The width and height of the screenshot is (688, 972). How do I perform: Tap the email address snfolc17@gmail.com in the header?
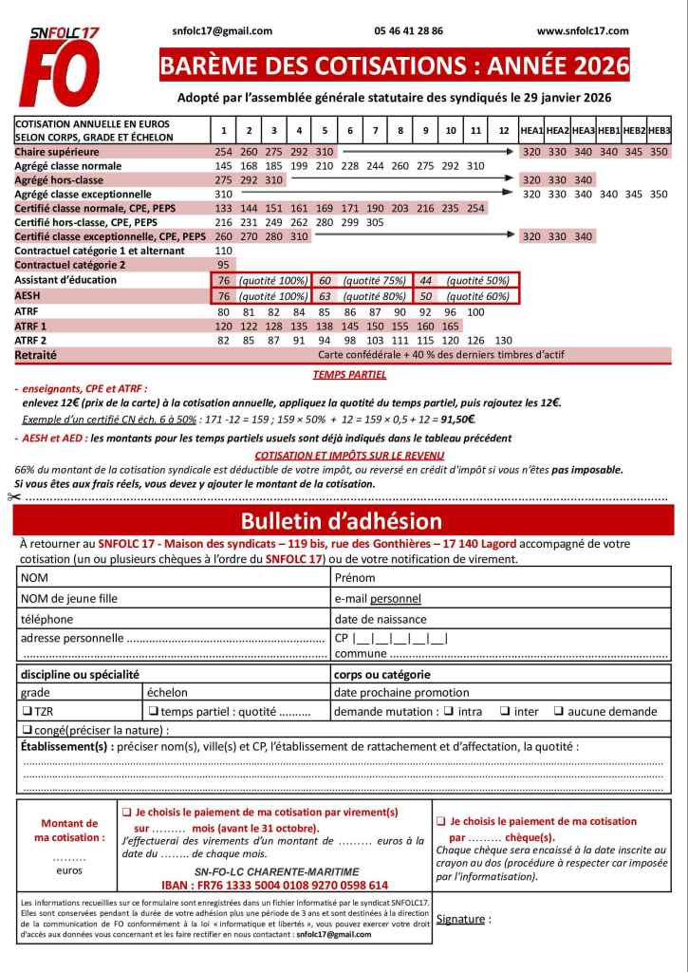[222, 31]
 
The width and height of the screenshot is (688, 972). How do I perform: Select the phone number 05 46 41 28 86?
[408, 31]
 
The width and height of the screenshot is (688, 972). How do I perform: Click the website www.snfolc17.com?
[582, 31]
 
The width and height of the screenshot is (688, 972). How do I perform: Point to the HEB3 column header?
[659, 130]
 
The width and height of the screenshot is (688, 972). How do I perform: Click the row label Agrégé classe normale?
[68, 166]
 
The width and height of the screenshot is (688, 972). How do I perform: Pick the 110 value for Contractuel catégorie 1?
[224, 251]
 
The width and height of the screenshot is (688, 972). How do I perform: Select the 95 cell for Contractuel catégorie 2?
[224, 265]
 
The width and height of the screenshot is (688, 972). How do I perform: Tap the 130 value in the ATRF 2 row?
[504, 340]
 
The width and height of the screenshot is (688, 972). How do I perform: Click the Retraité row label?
[36, 354]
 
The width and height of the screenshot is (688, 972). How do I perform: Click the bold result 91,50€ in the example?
[455, 419]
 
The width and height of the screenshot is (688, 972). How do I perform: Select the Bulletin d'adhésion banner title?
[342, 521]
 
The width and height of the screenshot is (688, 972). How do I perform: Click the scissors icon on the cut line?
[12, 496]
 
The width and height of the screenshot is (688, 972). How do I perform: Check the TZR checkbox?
[27, 712]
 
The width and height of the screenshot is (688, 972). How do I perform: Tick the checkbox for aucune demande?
[560, 712]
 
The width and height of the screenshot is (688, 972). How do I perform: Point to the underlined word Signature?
[461, 919]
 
